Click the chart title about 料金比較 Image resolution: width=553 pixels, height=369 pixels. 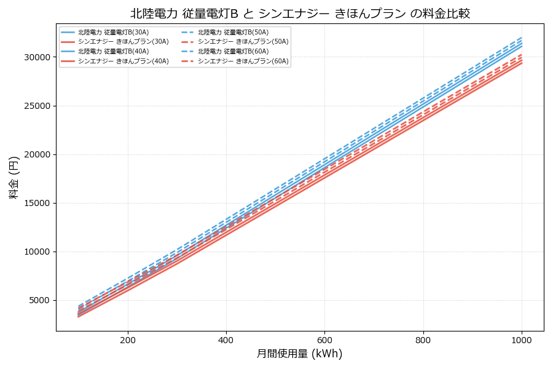[x=300, y=14]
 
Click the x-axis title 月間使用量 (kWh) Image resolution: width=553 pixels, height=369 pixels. [x=299, y=354]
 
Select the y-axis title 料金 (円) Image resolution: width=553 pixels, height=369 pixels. [x=14, y=177]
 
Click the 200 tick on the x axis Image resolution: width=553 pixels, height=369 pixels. [x=128, y=339]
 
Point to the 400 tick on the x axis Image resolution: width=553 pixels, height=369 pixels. [x=226, y=339]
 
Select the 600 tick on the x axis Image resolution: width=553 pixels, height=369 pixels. [x=324, y=339]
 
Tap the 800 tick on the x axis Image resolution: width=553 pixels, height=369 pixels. [x=423, y=339]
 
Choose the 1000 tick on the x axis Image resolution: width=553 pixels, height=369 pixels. [x=522, y=339]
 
